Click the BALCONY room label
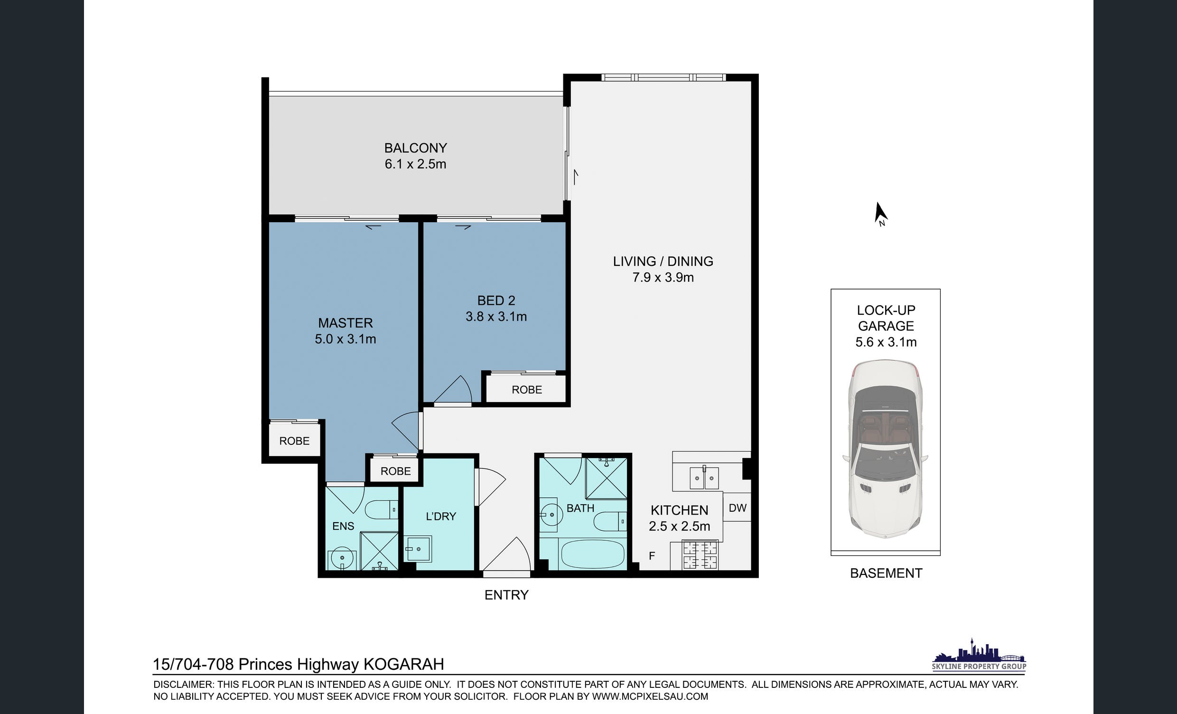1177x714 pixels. pos(416,148)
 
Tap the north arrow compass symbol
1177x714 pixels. pos(880,214)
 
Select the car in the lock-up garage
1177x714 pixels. pos(885,450)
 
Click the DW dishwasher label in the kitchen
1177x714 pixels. pos(738,507)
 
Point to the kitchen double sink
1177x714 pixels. pos(704,478)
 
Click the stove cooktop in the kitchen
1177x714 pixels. pos(701,555)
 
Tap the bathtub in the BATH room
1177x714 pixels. pos(592,554)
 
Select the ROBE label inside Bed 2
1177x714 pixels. pos(527,389)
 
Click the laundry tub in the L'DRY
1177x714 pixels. pos(419,549)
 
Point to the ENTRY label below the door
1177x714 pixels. pos(506,595)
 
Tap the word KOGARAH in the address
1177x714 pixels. pos(404,664)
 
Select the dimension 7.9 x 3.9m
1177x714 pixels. pos(663,277)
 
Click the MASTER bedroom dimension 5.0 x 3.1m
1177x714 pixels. pos(346,339)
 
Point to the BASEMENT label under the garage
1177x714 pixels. pos(886,573)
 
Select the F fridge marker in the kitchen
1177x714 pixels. pos(652,556)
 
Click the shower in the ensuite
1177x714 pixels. pos(379,551)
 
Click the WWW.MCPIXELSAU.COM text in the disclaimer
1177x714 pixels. pos(650,696)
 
